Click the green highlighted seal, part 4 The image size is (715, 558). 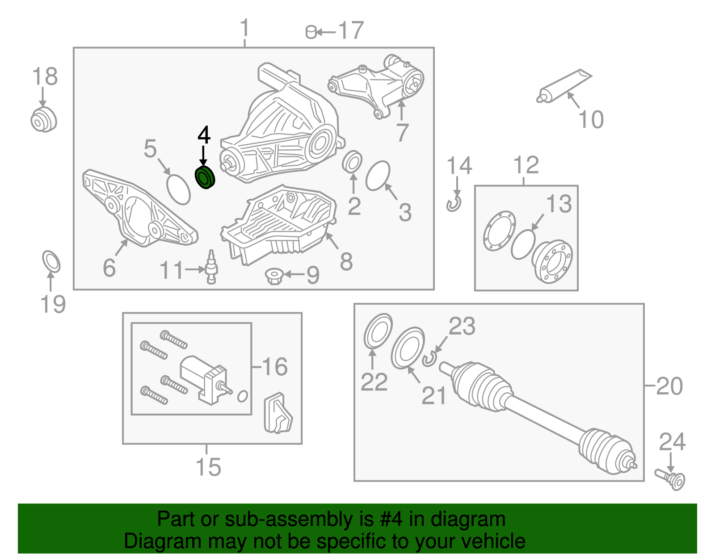[x=205, y=177]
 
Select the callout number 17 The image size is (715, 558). [x=351, y=30]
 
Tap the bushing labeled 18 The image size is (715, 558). [x=44, y=120]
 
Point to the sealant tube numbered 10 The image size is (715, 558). [x=564, y=86]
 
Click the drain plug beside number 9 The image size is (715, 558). [x=274, y=276]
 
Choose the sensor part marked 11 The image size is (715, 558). [x=211, y=267]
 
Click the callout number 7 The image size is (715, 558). [x=403, y=133]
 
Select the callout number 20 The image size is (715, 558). [x=669, y=386]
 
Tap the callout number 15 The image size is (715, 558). [x=208, y=467]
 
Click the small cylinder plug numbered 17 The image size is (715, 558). [x=311, y=32]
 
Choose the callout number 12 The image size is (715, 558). [x=526, y=165]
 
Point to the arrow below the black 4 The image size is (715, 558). [x=203, y=156]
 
